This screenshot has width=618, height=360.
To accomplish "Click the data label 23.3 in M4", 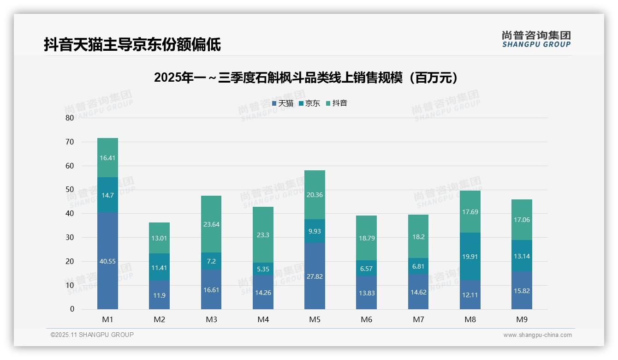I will [x=263, y=235].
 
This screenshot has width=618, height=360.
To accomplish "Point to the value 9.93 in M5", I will [x=315, y=231].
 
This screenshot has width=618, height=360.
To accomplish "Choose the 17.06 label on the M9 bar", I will [x=522, y=220].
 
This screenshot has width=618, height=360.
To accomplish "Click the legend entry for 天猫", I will [x=283, y=103].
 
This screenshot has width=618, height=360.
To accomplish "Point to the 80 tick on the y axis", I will [x=70, y=118].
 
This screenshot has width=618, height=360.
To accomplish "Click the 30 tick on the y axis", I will [x=70, y=237].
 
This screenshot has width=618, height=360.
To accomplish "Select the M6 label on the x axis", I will [x=367, y=319].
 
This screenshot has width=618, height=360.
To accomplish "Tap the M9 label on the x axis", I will [x=522, y=319].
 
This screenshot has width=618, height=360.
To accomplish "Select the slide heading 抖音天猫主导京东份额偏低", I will [x=132, y=44].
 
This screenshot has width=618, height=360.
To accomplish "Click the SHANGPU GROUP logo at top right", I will [x=536, y=39].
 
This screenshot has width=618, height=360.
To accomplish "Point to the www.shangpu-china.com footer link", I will [x=537, y=335].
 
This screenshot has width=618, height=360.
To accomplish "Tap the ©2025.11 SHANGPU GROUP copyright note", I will [x=92, y=335].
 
